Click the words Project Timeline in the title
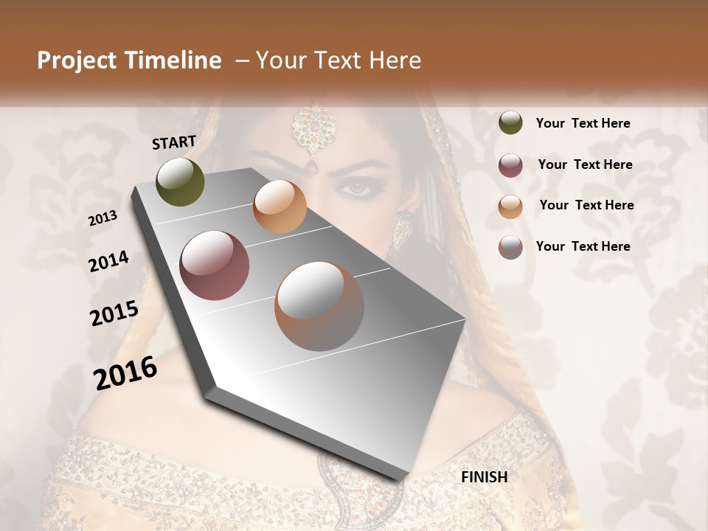pyautogui.click(x=129, y=60)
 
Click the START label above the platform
pyautogui.click(x=174, y=142)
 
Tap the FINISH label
pyautogui.click(x=484, y=477)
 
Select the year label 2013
pyautogui.click(x=103, y=218)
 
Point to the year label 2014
pyautogui.click(x=108, y=261)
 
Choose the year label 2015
pyautogui.click(x=114, y=313)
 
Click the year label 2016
pyautogui.click(x=125, y=372)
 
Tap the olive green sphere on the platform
pyautogui.click(x=180, y=181)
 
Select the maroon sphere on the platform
pyautogui.click(x=215, y=265)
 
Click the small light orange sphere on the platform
pyautogui.click(x=280, y=206)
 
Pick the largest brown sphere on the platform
pyautogui.click(x=319, y=306)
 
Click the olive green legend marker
pyautogui.click(x=510, y=123)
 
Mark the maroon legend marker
pyautogui.click(x=510, y=165)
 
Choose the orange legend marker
pyautogui.click(x=510, y=206)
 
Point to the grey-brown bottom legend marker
pyautogui.click(x=510, y=247)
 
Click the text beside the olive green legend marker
pyautogui.click(x=583, y=123)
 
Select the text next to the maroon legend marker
pyautogui.click(x=585, y=164)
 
